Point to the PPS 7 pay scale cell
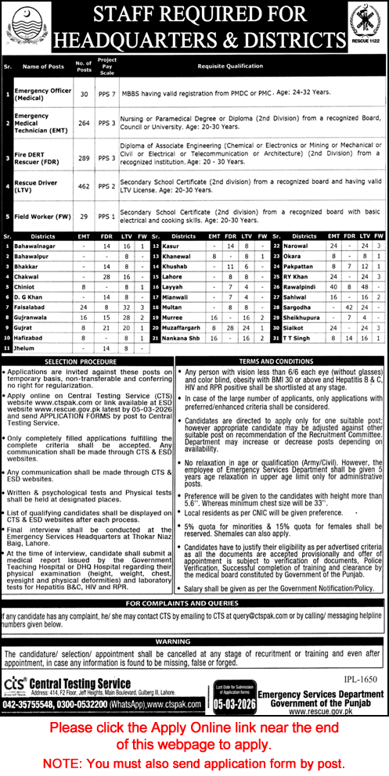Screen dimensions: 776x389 pos(108,92)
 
